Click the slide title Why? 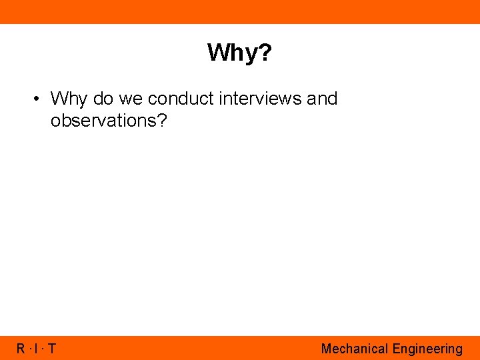point(239,52)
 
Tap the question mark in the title point(265,52)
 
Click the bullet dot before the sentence point(37,99)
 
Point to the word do point(103,99)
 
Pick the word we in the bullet point(131,99)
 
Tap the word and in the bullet point(322,99)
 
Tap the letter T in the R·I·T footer point(51,349)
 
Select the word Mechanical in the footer point(355,349)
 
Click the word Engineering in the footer point(427,349)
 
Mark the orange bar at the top point(240,11)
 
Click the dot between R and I point(29,349)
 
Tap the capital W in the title point(218,52)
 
